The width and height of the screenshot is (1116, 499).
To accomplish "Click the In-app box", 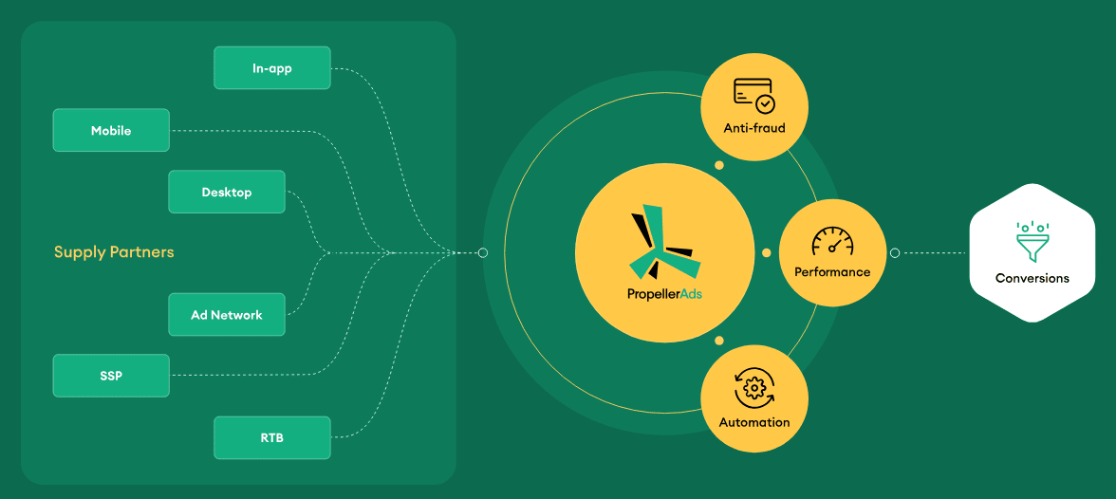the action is [271, 68].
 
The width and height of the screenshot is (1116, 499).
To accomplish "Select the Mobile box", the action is [111, 130].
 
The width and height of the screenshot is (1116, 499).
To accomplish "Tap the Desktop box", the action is [226, 192].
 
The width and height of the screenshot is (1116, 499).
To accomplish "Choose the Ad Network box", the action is [226, 315].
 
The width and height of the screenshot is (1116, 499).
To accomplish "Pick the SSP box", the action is [111, 375].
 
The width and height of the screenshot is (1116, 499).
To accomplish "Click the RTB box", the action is [271, 437].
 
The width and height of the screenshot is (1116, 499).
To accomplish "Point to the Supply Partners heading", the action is [114, 252].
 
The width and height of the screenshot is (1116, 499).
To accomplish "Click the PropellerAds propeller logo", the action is [663, 242].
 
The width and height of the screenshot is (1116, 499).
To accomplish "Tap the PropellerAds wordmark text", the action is [664, 292].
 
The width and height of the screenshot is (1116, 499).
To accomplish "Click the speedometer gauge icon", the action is [832, 241].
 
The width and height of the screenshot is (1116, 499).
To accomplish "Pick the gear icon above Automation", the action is [753, 388].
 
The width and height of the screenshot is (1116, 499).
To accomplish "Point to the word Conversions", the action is [1032, 278].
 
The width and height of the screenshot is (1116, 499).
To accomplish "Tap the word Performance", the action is [832, 272].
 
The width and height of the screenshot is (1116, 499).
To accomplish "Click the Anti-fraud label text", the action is [753, 129].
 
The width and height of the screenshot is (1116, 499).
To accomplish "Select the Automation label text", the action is [753, 422].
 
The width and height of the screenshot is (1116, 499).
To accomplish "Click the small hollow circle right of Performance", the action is [895, 252].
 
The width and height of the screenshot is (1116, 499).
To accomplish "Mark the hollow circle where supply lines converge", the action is [482, 252].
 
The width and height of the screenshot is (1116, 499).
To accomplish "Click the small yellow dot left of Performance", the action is [767, 252].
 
